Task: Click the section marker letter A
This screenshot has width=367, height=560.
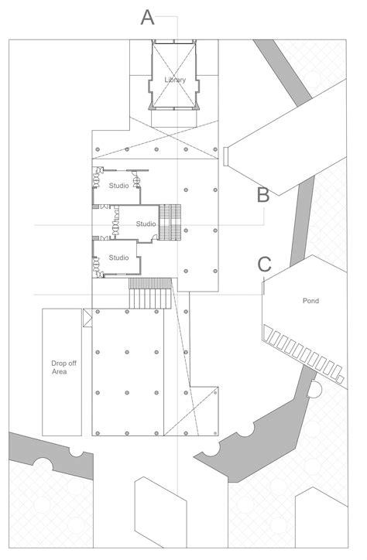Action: click(148, 17)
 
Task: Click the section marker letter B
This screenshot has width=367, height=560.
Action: click(263, 195)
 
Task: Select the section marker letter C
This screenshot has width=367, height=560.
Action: click(265, 264)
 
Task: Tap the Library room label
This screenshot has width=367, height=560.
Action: click(175, 80)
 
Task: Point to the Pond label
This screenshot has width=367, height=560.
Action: click(311, 300)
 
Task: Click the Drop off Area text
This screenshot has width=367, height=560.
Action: click(60, 367)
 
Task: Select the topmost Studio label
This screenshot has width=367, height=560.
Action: click(118, 185)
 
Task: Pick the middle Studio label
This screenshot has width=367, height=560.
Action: click(146, 224)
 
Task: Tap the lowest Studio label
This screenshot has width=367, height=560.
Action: click(118, 257)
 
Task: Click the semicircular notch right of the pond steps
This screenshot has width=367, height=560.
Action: click(315, 389)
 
